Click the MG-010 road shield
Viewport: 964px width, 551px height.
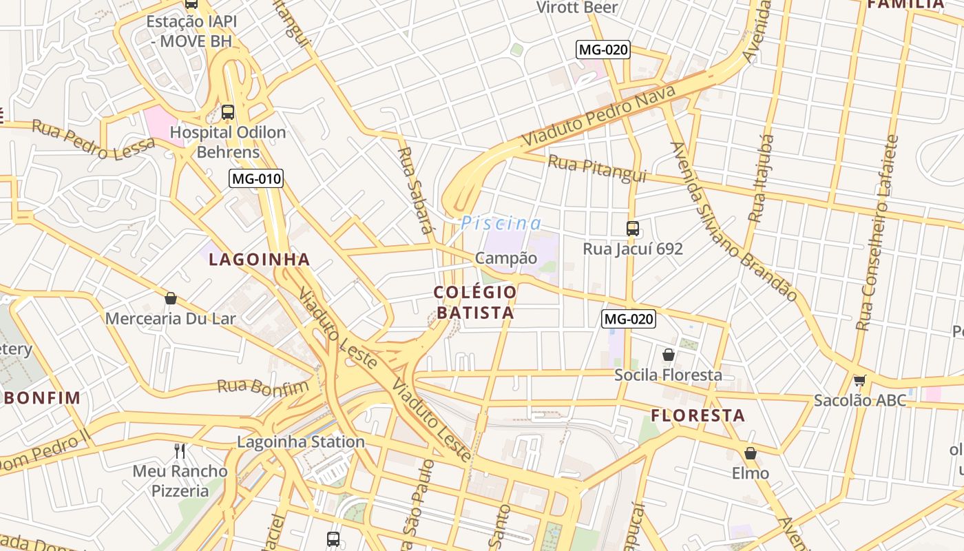(256, 179)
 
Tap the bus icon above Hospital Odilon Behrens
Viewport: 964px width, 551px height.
(228, 112)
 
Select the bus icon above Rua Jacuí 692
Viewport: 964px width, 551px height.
(632, 229)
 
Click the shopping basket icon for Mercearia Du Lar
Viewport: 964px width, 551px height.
(171, 298)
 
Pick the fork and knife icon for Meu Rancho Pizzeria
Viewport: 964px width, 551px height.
(180, 451)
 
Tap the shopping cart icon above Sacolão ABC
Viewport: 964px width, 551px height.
(859, 380)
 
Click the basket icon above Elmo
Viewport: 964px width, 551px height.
(750, 453)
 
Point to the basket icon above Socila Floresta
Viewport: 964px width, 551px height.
(668, 355)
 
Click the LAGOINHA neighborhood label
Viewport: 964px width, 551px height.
(260, 260)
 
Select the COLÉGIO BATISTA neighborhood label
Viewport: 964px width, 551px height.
(474, 302)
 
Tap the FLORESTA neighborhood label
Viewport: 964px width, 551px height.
(698, 416)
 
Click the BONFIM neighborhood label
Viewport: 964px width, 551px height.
(42, 397)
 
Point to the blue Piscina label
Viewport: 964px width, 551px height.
(501, 223)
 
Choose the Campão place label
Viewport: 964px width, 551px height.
(506, 258)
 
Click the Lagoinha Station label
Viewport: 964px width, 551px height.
(301, 441)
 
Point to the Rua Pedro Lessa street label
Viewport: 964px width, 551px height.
(94, 140)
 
